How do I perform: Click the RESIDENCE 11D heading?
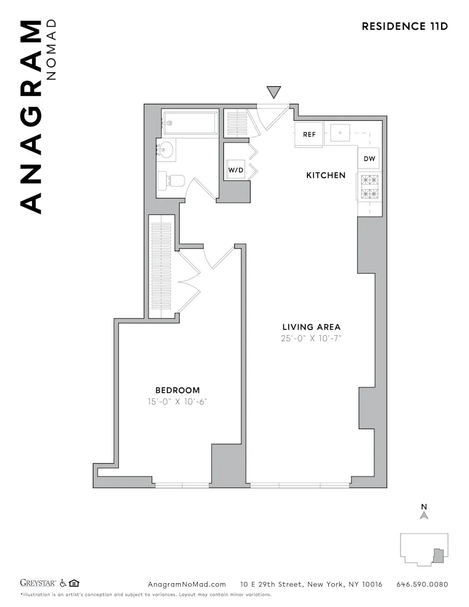coord(405,26)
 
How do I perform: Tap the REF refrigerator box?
coord(309,135)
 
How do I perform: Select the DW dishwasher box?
coord(369,159)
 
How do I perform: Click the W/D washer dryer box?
coord(235,170)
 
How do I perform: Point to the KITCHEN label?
coord(325,175)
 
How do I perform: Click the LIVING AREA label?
coord(311,327)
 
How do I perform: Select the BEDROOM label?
coord(177,390)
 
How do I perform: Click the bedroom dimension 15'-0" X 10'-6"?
coord(177,401)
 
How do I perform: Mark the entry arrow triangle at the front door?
coord(274,92)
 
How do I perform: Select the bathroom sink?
coord(166,149)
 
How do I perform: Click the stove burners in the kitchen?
coord(369,187)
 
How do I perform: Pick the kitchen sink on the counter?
coord(341,132)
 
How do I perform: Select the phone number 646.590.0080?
coord(422,585)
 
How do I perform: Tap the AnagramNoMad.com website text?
coord(187,585)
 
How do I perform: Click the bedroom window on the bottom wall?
coord(181,485)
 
